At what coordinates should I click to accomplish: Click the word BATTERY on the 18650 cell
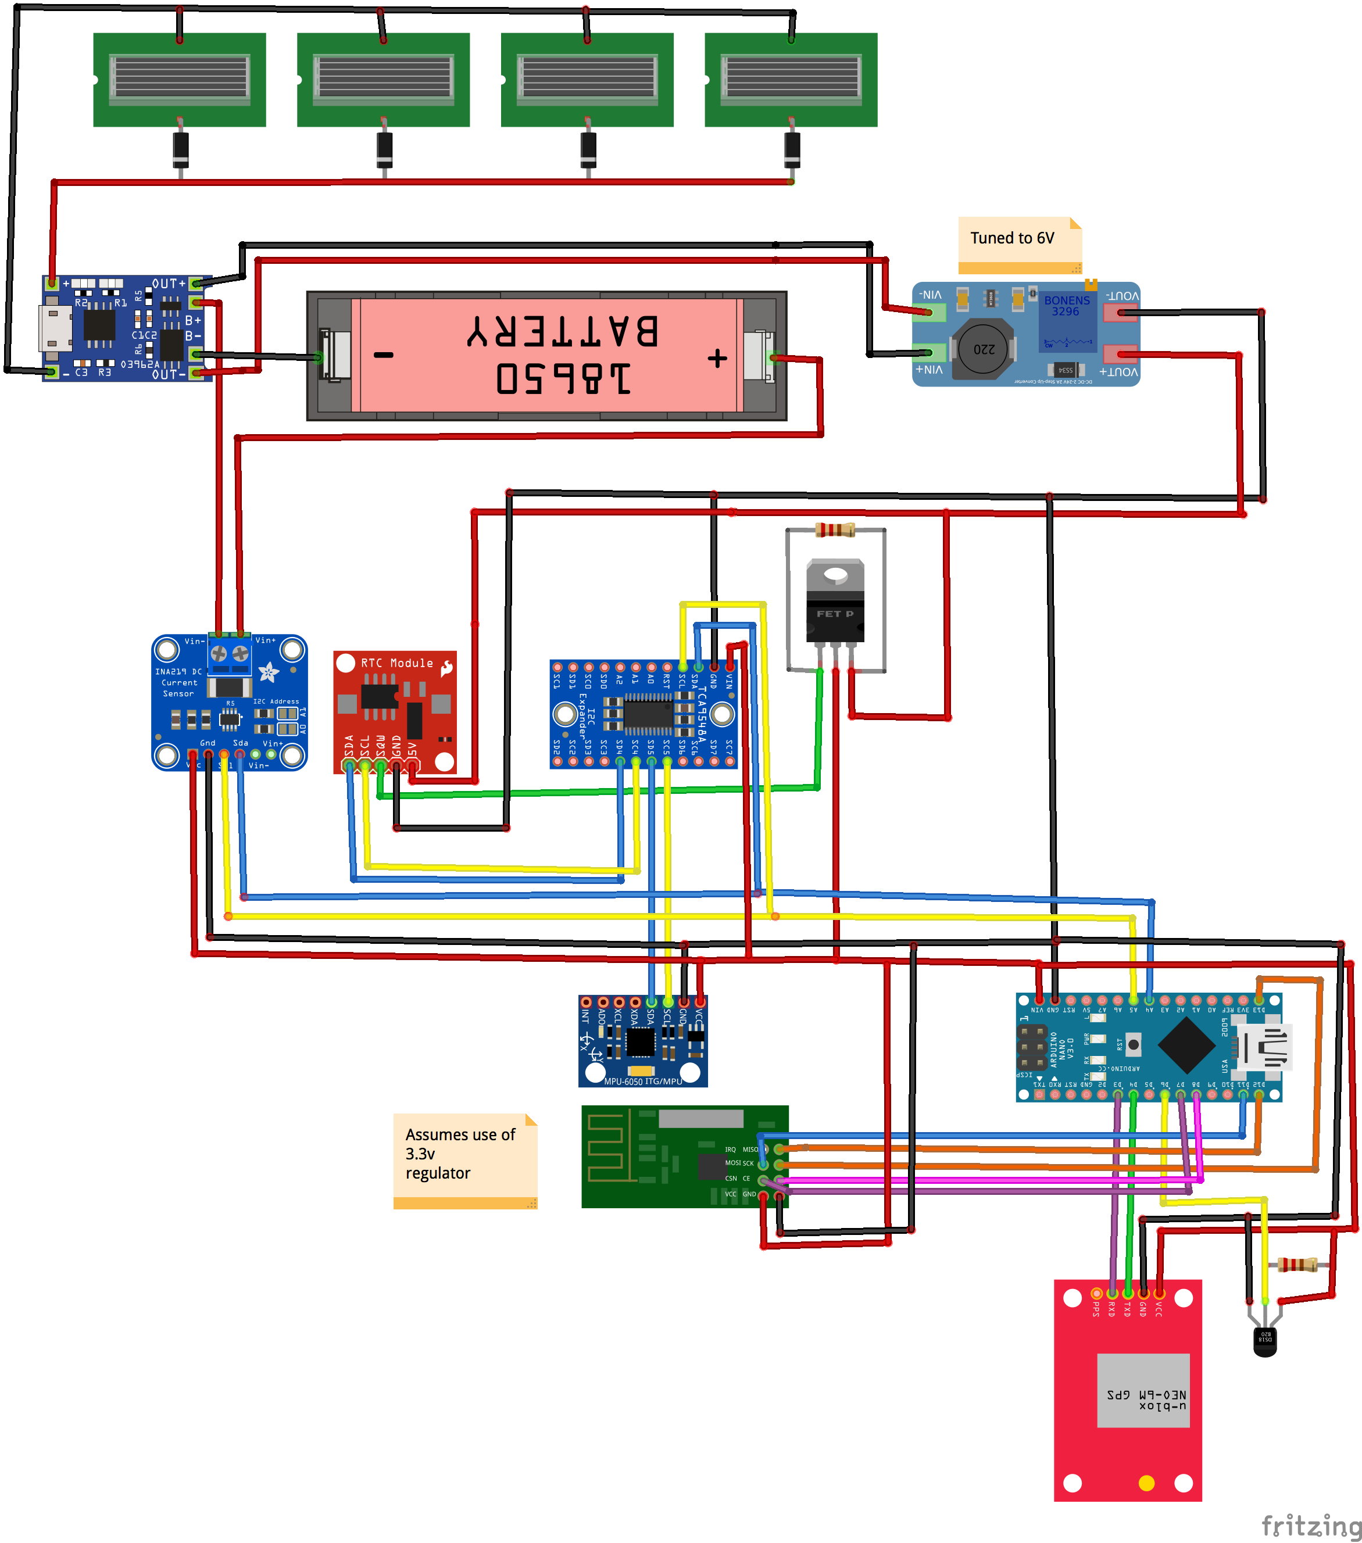tap(563, 331)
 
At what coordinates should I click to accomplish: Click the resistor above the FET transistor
tap(835, 530)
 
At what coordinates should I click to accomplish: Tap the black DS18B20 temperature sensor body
tap(1264, 1341)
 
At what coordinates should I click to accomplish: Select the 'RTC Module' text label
tap(396, 663)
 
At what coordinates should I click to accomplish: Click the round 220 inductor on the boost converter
tap(983, 349)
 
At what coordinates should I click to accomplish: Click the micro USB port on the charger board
tap(55, 328)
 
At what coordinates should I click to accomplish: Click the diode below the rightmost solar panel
tap(791, 149)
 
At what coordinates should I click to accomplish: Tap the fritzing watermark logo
tap(1311, 1525)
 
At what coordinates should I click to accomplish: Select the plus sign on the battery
tap(717, 358)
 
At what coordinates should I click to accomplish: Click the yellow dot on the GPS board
tap(1146, 1483)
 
